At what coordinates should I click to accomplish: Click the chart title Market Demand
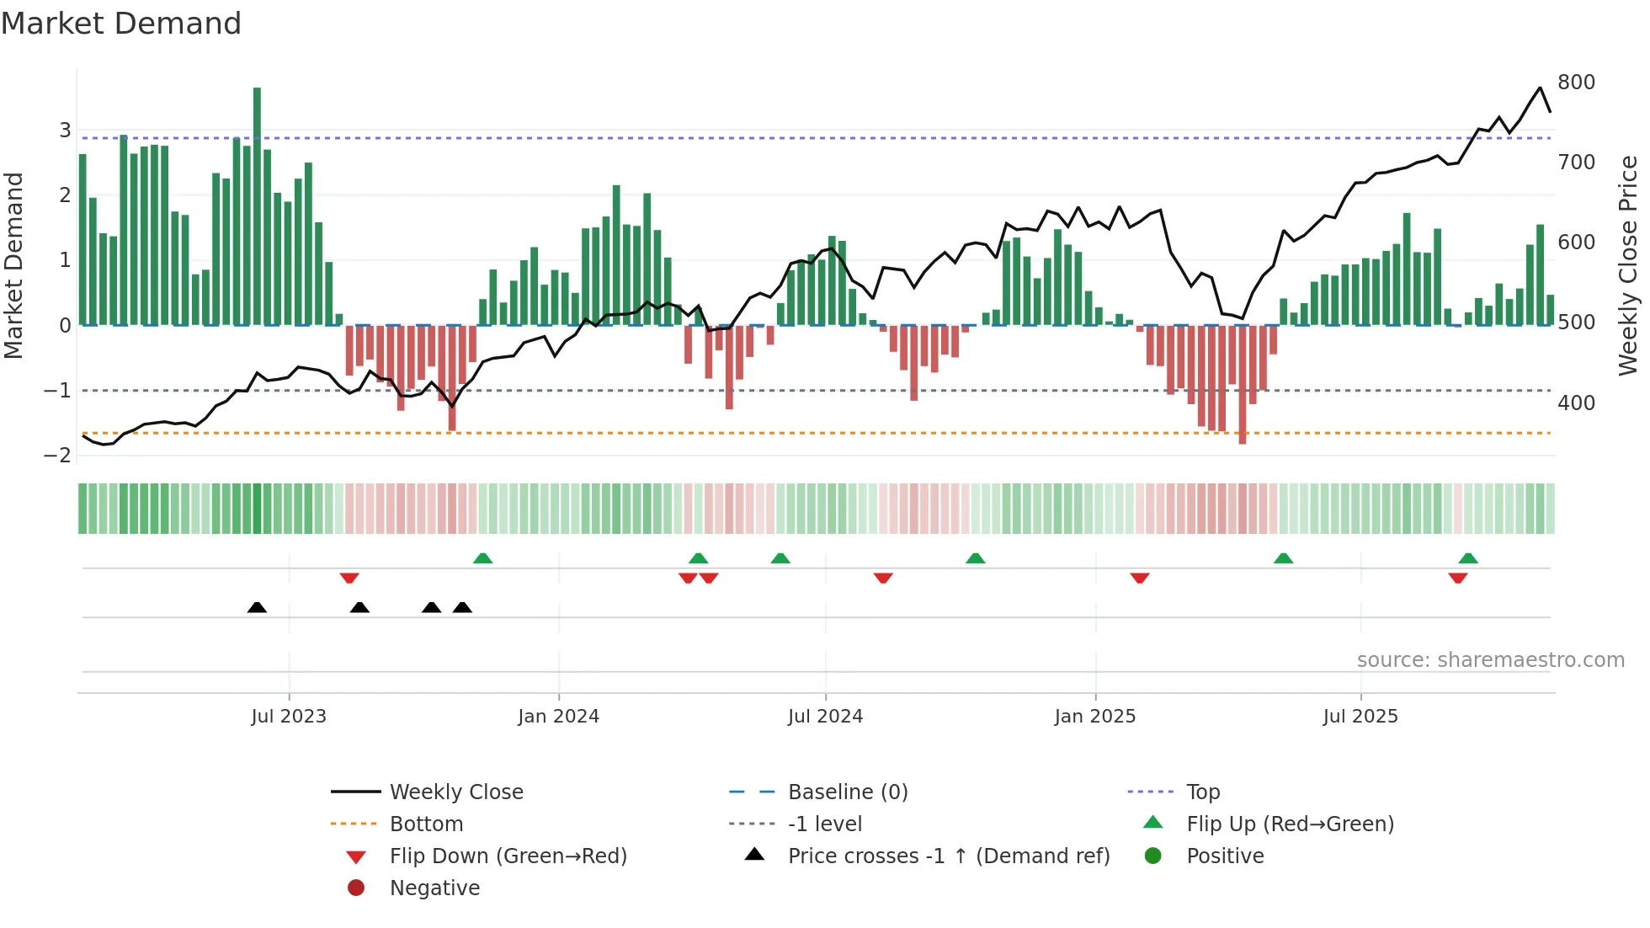pyautogui.click(x=121, y=24)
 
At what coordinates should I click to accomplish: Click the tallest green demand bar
pyautogui.click(x=257, y=205)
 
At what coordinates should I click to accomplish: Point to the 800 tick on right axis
pyautogui.click(x=1576, y=83)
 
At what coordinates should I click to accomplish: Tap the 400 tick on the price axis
pyautogui.click(x=1576, y=403)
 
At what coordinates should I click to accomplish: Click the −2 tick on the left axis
pyautogui.click(x=58, y=456)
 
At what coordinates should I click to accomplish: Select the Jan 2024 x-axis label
pyautogui.click(x=558, y=717)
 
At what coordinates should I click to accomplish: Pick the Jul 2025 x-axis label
pyautogui.click(x=1360, y=717)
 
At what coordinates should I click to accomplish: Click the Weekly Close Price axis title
pyautogui.click(x=1628, y=265)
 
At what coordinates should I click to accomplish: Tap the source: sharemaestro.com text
pyautogui.click(x=1490, y=660)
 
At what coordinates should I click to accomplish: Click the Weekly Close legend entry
pyautogui.click(x=456, y=792)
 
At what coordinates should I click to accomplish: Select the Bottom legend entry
pyautogui.click(x=426, y=824)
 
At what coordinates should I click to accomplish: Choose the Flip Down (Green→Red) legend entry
pyautogui.click(x=508, y=856)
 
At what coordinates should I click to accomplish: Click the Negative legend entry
pyautogui.click(x=434, y=888)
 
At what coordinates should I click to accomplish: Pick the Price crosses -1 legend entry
pyautogui.click(x=948, y=856)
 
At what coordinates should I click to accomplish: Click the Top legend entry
pyautogui.click(x=1203, y=792)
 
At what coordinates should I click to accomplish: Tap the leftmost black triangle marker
pyautogui.click(x=257, y=607)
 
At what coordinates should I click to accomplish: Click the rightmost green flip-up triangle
pyautogui.click(x=1468, y=558)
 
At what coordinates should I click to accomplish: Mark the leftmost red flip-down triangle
pyautogui.click(x=349, y=578)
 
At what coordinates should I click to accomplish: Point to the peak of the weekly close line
pyautogui.click(x=1540, y=88)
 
